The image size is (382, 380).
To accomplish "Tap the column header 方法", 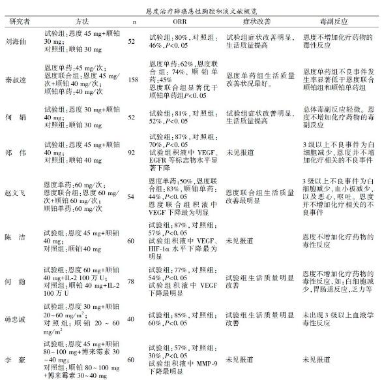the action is [x=81, y=21].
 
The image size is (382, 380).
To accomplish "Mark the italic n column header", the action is [x=134, y=22].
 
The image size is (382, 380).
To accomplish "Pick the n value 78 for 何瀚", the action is [x=134, y=280].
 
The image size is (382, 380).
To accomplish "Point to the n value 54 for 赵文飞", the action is [x=134, y=195].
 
